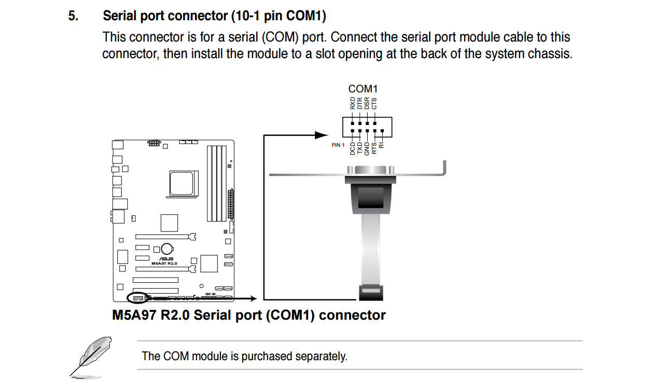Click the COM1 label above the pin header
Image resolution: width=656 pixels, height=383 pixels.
click(362, 89)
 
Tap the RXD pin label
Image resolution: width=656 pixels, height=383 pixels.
click(353, 103)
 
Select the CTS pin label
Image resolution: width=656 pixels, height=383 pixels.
click(374, 103)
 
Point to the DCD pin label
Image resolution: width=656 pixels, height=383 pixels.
click(353, 149)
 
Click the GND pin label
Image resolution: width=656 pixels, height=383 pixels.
click(367, 149)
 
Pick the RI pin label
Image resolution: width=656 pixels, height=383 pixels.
click(382, 145)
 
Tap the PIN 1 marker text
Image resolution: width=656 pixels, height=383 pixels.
click(338, 145)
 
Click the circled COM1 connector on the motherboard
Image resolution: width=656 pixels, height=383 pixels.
click(137, 298)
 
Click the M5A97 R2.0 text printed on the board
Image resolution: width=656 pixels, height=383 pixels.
click(164, 264)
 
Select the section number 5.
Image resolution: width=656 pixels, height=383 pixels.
click(73, 16)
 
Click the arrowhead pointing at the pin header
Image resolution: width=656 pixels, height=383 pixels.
click(322, 135)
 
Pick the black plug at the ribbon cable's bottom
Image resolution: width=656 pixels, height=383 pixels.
click(370, 293)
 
